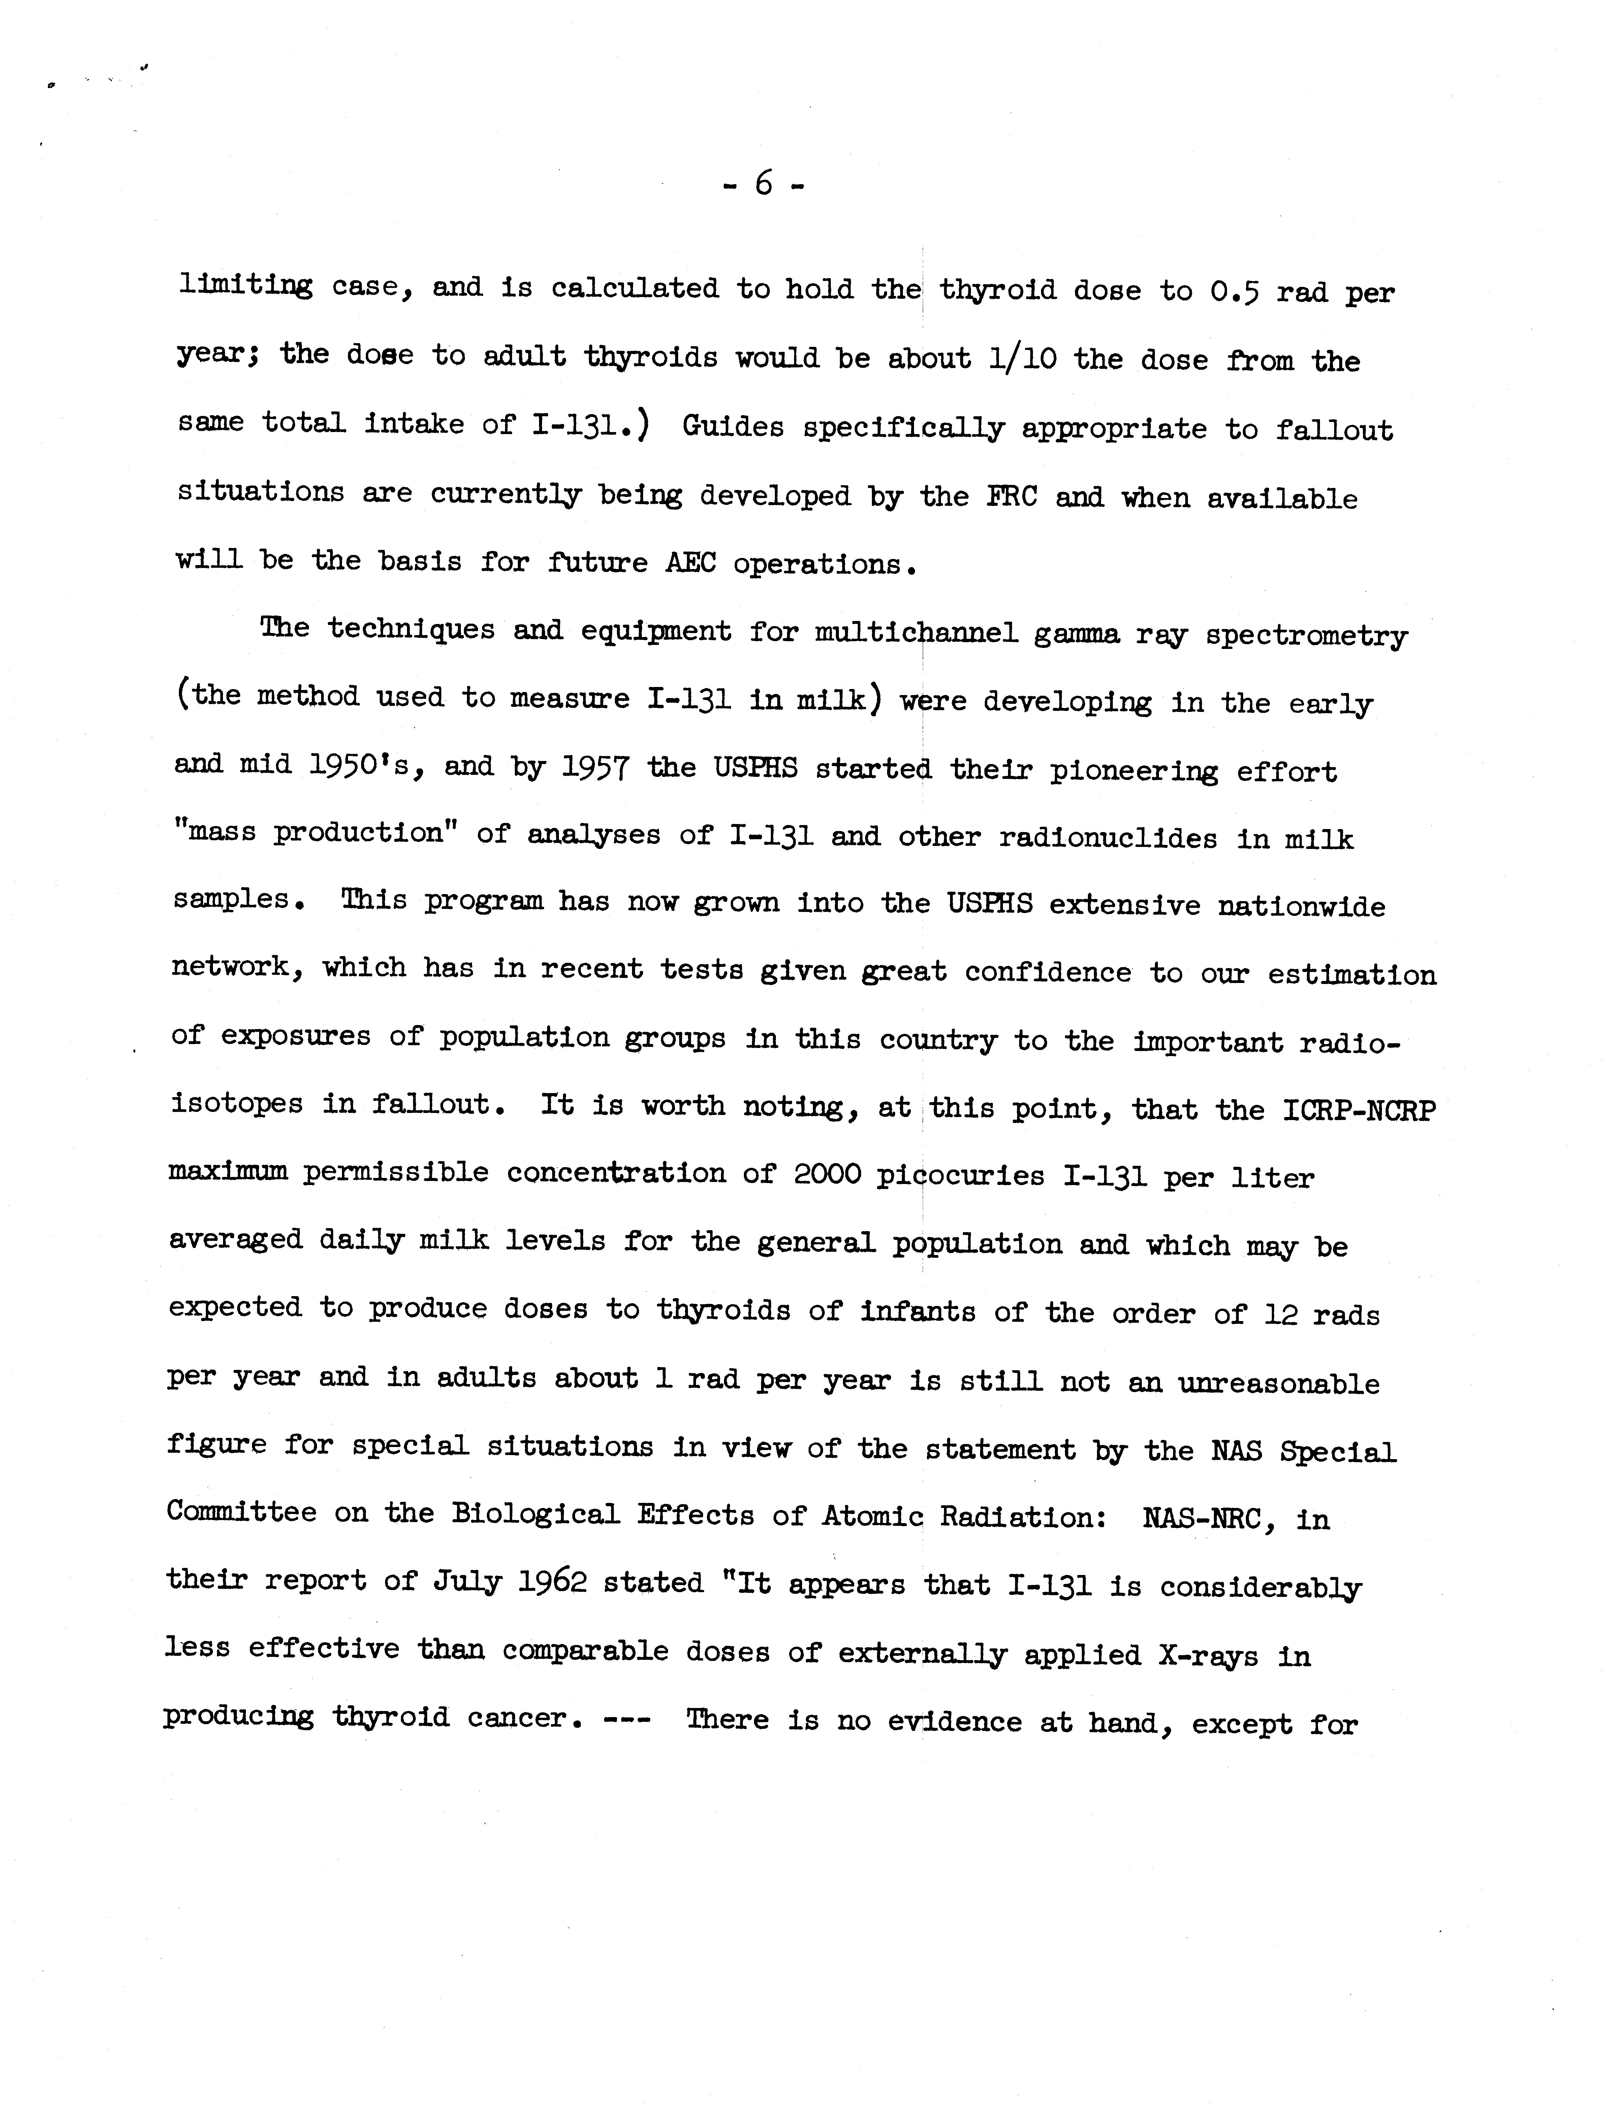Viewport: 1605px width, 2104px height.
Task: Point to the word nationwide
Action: (x=1301, y=906)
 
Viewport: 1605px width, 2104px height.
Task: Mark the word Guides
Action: (x=733, y=427)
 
